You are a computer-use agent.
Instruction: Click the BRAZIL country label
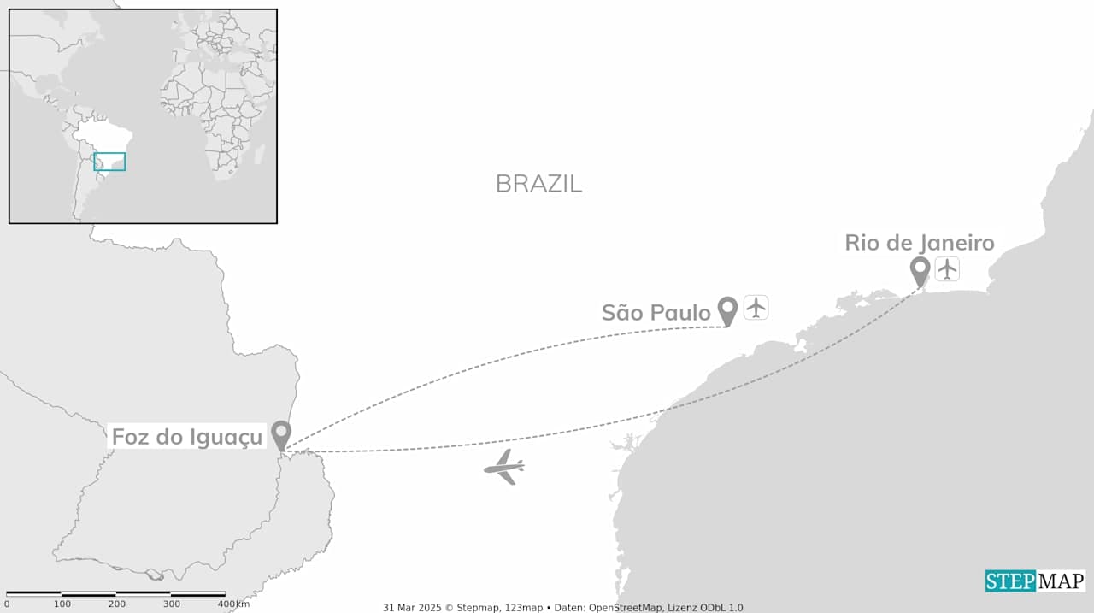[538, 183]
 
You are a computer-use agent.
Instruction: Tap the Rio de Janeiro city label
[919, 243]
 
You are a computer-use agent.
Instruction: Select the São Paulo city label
[656, 313]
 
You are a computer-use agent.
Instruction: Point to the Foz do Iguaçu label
[187, 438]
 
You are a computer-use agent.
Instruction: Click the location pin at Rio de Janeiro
[920, 271]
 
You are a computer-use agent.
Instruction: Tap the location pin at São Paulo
[727, 310]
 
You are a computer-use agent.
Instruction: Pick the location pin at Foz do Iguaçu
[280, 434]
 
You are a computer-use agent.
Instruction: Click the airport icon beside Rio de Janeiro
[947, 269]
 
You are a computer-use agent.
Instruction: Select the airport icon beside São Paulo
[756, 307]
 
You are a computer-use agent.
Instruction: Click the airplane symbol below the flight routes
[504, 467]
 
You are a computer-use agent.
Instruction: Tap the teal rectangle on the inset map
[109, 162]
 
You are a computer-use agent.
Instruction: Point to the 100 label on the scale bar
[62, 604]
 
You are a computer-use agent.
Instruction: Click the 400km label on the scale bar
[233, 604]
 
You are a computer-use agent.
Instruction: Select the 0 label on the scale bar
[8, 604]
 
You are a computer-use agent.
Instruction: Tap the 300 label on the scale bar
[172, 604]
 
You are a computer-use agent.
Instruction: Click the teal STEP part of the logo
[1010, 581]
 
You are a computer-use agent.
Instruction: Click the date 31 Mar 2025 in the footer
[408, 608]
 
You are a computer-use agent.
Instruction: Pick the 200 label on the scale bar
[117, 604]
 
